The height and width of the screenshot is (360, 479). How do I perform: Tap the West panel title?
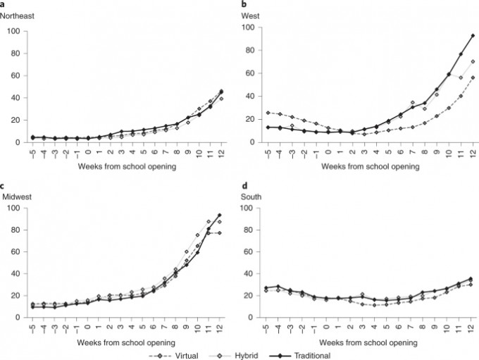tap(251, 15)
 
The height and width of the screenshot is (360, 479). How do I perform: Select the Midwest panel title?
tap(15, 196)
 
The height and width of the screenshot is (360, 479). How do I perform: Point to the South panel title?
tap(251, 197)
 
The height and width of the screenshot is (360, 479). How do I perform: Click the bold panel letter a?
tap(3, 5)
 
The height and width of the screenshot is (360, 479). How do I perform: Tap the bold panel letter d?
tap(244, 186)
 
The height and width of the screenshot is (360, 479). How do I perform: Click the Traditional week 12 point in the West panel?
tap(473, 35)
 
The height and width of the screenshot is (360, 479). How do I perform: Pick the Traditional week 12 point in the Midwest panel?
tap(220, 215)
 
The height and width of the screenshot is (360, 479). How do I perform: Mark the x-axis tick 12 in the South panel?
tap(471, 325)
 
